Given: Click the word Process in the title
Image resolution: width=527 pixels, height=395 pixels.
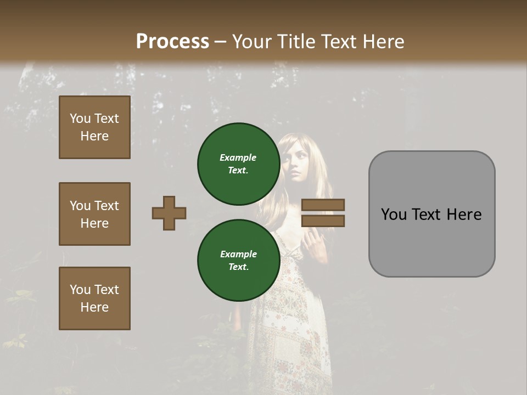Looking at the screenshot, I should [x=172, y=41].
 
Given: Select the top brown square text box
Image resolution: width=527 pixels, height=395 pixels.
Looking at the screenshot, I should [x=94, y=127].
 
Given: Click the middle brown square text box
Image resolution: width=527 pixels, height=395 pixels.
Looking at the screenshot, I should [x=94, y=214].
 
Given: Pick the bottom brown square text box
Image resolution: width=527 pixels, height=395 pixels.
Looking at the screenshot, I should [x=94, y=298].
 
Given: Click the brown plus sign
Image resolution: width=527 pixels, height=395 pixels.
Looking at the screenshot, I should [x=169, y=213].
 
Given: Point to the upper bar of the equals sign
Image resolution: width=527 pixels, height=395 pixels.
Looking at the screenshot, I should [x=323, y=205].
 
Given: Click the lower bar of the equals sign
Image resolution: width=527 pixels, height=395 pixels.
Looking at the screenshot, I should [x=323, y=221].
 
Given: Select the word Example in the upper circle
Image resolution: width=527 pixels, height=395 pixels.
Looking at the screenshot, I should [x=238, y=157].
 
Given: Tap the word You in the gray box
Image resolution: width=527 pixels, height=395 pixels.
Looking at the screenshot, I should [x=394, y=215].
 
